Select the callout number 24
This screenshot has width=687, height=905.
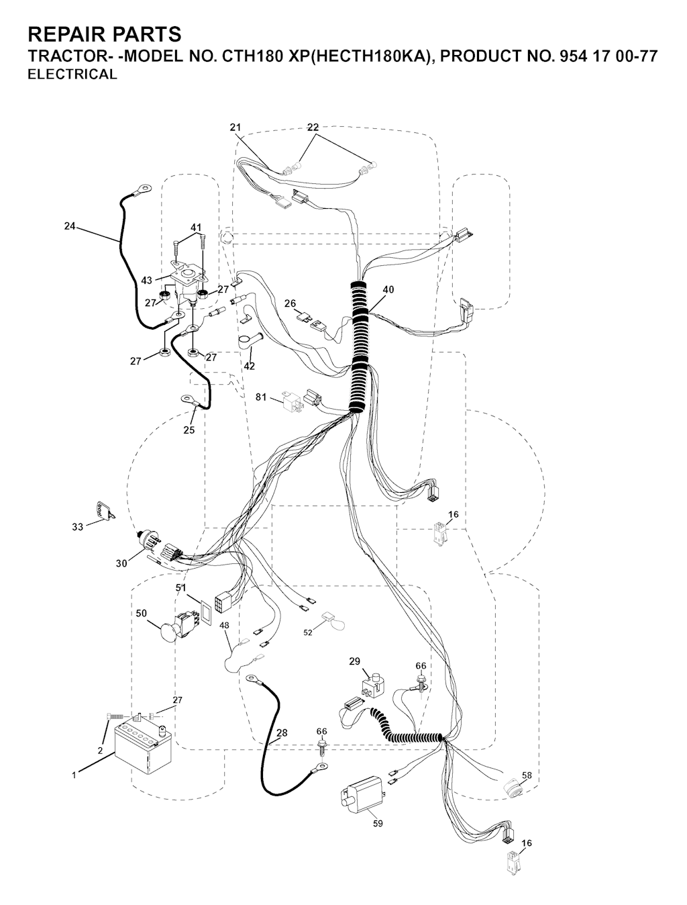(x=70, y=226)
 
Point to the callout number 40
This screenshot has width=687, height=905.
(x=388, y=289)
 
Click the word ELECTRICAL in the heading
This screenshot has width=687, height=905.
(x=72, y=75)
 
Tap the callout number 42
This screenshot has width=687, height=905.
(x=249, y=366)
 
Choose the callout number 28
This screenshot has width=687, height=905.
(x=282, y=732)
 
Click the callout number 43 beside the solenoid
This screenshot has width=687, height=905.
(x=146, y=281)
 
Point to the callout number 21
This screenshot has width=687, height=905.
(x=235, y=128)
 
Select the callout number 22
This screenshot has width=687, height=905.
(x=313, y=128)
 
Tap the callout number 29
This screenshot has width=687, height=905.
(x=354, y=661)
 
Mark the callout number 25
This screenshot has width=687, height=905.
(x=189, y=430)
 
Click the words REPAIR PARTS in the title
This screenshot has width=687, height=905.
(x=105, y=34)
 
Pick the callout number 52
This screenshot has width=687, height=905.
(x=308, y=632)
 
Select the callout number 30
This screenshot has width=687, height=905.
(x=121, y=563)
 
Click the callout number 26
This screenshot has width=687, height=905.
(x=290, y=303)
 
